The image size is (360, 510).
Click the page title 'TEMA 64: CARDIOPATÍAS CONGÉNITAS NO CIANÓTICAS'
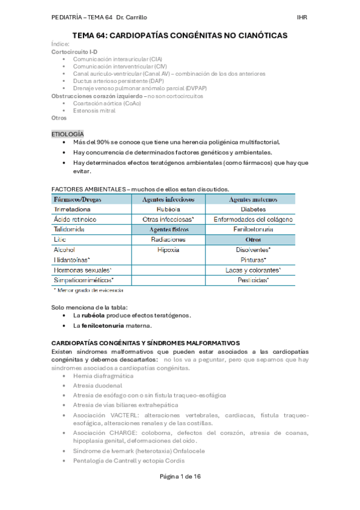[x=180, y=35]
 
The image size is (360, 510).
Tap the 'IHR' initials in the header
[x=302, y=17]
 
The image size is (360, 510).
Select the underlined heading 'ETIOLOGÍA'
[x=68, y=133]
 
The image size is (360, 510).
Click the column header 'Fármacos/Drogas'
[x=77, y=199]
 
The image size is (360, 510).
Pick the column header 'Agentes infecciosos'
[x=168, y=199]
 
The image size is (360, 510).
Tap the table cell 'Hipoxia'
[x=168, y=249]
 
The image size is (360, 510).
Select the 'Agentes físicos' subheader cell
[x=168, y=229]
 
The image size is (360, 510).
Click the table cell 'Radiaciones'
[x=168, y=239]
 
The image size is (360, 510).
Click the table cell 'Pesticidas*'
[x=253, y=280]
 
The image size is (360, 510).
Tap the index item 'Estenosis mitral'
[x=94, y=111]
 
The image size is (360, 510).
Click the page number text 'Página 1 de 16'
[x=180, y=493]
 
